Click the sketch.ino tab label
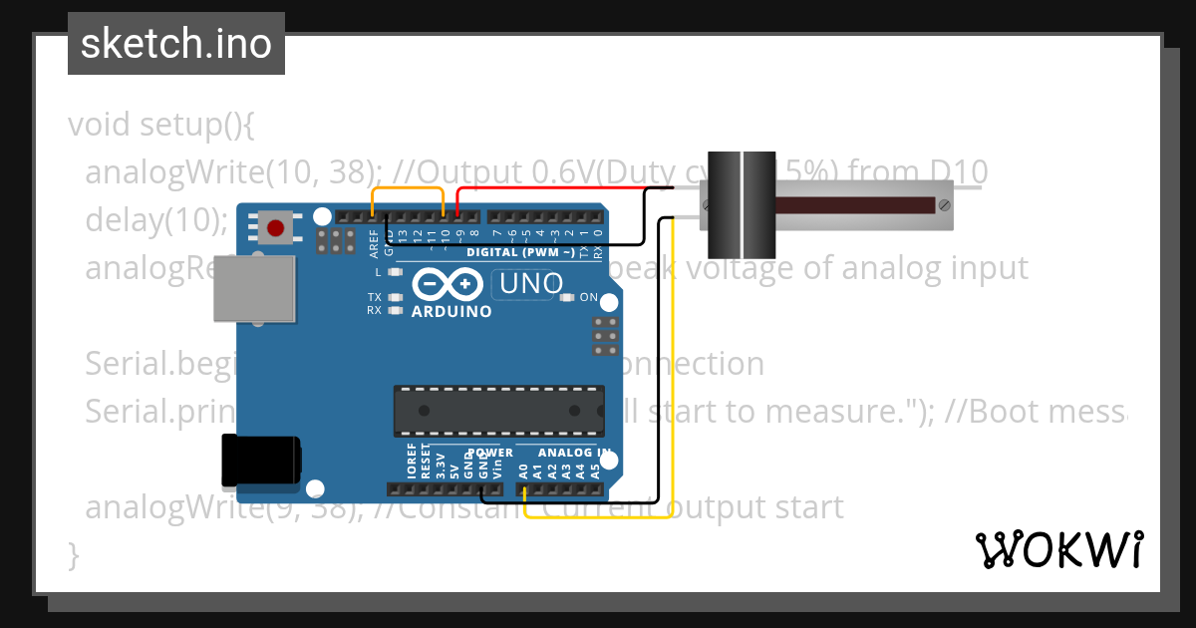point(176,44)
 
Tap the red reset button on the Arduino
point(274,229)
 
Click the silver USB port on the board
point(255,289)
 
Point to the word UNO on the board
point(531,284)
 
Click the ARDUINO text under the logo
point(451,311)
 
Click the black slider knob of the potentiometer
point(742,204)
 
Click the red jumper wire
point(558,187)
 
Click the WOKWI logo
point(1058,549)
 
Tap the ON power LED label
point(589,297)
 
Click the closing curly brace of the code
point(74,554)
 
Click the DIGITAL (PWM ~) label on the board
point(519,253)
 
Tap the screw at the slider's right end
point(942,205)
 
